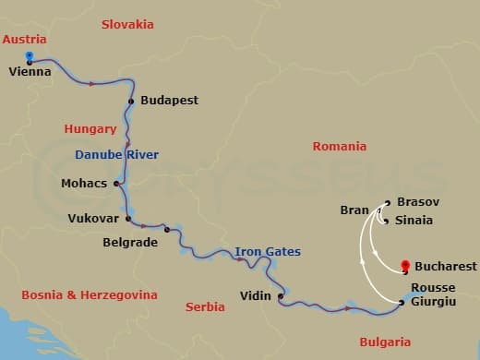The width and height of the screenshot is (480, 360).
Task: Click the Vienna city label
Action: point(29,71)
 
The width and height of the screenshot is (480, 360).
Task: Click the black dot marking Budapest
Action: point(132,101)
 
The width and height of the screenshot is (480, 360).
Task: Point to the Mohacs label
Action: point(86,183)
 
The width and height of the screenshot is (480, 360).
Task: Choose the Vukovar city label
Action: point(94,219)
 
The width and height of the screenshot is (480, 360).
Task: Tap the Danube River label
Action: point(116,154)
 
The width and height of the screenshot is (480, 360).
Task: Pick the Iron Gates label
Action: point(267,251)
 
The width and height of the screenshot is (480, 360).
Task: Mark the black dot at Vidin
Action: point(280,296)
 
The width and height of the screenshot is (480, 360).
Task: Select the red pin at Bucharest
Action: point(405,267)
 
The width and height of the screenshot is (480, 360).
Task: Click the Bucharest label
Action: point(446,267)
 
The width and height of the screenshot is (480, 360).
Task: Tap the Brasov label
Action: point(417,201)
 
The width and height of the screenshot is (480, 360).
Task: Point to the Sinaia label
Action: point(414,221)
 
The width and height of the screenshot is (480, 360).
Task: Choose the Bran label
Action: point(354,210)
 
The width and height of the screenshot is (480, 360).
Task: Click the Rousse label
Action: point(432,287)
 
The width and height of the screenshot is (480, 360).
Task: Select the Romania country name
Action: point(339,146)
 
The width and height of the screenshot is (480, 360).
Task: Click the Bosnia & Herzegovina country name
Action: point(89,295)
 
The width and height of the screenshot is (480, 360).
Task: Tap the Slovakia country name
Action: point(127,24)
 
